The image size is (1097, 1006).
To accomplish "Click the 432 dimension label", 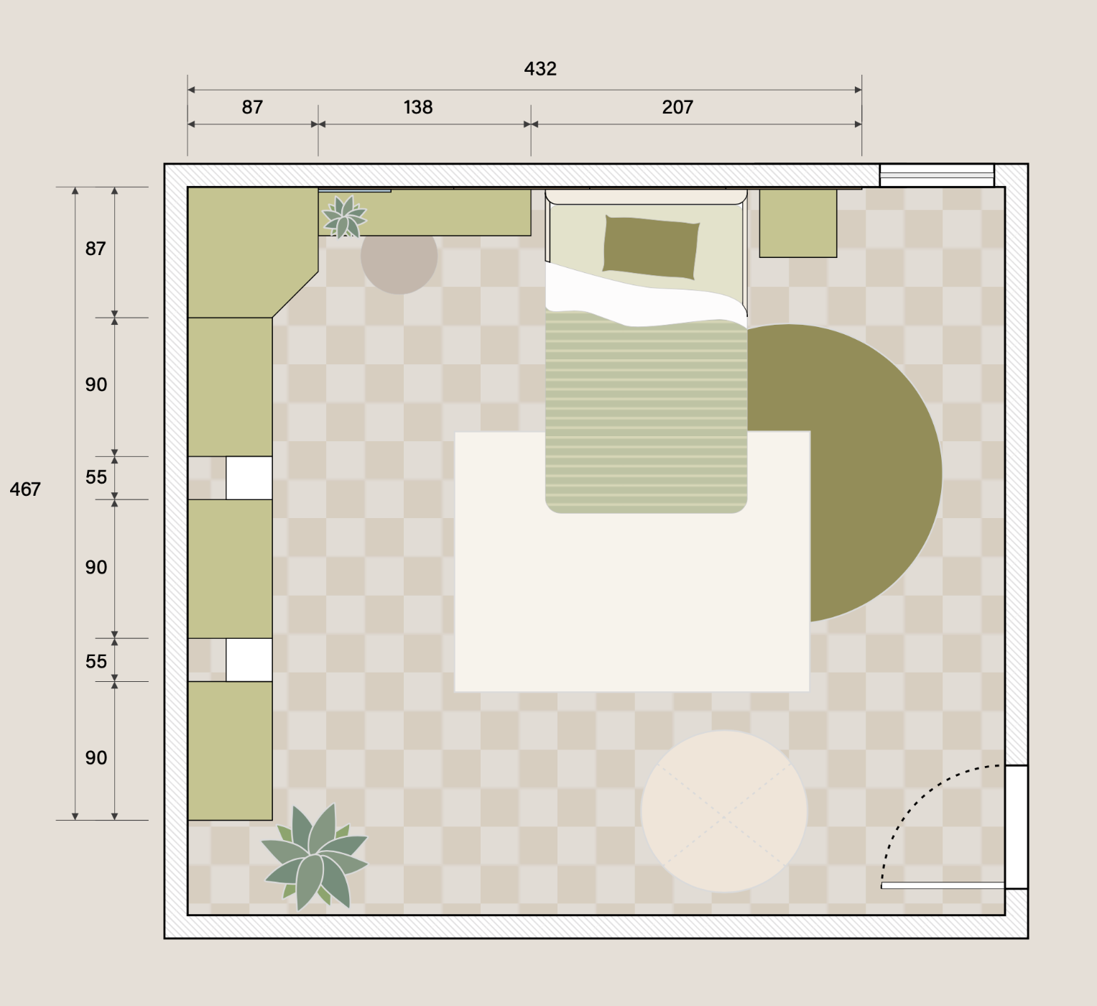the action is point(540,69).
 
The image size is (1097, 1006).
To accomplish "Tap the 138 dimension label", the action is point(418,107).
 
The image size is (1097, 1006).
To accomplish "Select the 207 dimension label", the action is point(677,107).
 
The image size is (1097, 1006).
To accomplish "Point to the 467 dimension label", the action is point(25,489).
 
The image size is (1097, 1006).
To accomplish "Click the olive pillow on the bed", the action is point(651,247).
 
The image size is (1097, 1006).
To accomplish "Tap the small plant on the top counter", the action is point(344,217).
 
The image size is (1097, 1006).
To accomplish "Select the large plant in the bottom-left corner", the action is point(315,856).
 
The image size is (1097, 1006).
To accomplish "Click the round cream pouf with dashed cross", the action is point(723,811).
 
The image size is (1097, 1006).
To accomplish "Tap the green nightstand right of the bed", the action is point(798,223).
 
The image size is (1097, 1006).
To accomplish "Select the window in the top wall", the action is point(936,175).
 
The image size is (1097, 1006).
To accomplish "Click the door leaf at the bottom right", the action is point(943,885).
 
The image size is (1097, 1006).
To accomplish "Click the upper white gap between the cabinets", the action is point(249,478).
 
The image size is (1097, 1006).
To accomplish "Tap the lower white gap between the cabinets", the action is point(249,660).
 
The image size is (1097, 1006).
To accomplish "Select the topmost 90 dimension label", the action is point(96,385).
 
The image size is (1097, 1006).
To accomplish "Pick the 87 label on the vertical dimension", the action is point(95,249).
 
